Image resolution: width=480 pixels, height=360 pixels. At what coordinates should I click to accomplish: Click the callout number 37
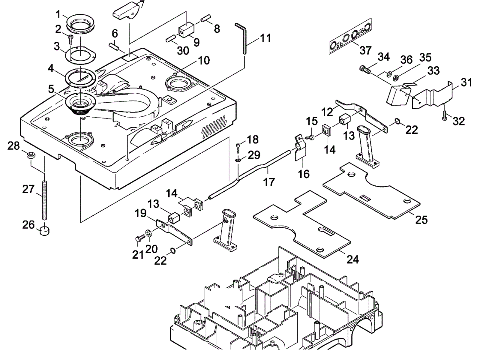tap(365, 50)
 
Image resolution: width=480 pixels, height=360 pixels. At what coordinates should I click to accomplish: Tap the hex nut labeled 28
tap(31, 155)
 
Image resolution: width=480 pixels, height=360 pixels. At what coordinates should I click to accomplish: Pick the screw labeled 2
tap(71, 38)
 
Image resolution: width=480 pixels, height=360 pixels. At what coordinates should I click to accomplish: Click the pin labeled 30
tap(171, 39)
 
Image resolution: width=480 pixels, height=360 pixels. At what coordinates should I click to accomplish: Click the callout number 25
tap(421, 220)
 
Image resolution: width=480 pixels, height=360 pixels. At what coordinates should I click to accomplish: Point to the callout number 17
tap(269, 182)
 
